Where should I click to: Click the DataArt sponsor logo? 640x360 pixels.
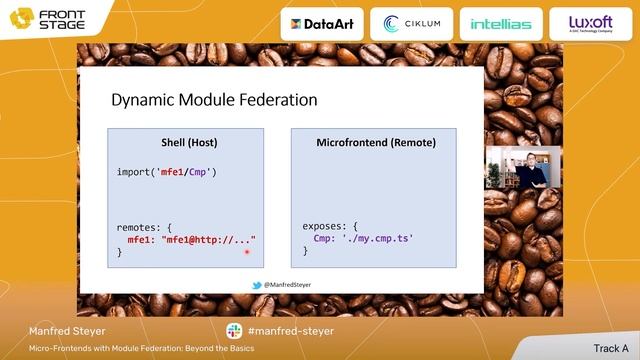(x=321, y=24)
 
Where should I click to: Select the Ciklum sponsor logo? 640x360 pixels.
(x=412, y=24)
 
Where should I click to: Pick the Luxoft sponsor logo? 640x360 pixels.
(x=591, y=23)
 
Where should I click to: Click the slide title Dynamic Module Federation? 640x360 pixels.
(x=213, y=100)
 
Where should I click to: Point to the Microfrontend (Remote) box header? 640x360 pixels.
(x=375, y=143)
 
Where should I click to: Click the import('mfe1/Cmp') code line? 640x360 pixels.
(x=167, y=172)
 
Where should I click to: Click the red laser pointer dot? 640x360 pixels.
(x=246, y=252)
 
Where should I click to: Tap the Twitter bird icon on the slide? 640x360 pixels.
(x=257, y=284)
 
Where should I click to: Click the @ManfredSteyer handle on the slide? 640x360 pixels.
(x=288, y=284)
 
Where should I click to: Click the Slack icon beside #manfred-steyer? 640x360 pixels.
(x=234, y=331)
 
